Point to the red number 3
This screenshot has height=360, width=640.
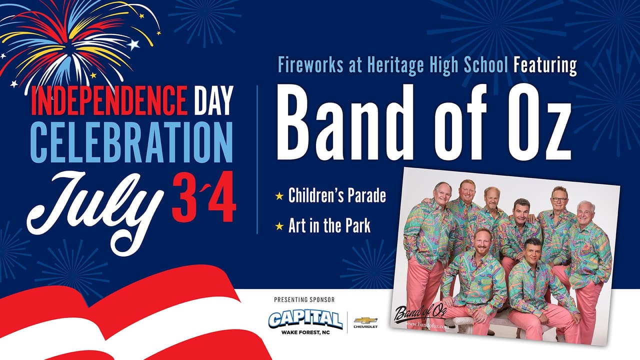[185, 200]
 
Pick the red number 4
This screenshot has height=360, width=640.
[222, 200]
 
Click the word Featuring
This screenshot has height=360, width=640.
[545, 65]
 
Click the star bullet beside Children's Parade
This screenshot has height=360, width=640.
[279, 196]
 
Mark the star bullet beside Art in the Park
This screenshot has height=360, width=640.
[279, 226]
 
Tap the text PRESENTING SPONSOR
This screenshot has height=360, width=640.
[304, 300]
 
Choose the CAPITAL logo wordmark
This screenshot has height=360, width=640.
[305, 319]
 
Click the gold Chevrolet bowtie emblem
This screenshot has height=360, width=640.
[365, 319]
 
